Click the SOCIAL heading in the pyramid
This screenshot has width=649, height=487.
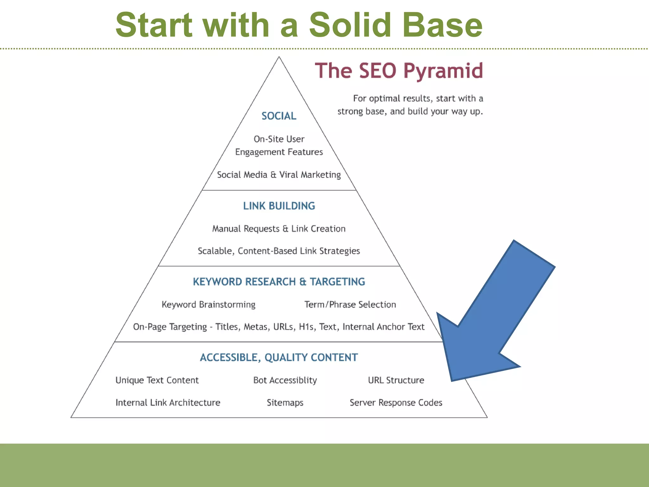coord(279,116)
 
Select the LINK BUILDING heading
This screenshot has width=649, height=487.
coord(279,206)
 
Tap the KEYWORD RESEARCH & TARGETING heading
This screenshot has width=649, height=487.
coord(279,282)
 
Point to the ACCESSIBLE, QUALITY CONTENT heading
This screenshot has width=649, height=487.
coord(279,358)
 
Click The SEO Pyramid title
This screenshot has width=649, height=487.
coord(399,71)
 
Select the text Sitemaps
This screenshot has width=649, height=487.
coord(285,403)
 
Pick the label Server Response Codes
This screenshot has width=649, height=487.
coord(396,403)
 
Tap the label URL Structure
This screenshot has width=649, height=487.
coord(396,380)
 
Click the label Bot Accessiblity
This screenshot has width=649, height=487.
coord(285,380)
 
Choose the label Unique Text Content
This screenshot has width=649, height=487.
coord(157,380)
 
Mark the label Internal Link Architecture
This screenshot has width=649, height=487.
coord(168,403)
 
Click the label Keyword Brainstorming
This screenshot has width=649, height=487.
coord(209,305)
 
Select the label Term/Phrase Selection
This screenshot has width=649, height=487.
coord(350,305)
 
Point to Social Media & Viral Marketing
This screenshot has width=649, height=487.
coord(279,175)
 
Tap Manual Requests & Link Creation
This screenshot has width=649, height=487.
coord(279,229)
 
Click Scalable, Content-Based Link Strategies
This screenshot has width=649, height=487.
coord(279,251)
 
